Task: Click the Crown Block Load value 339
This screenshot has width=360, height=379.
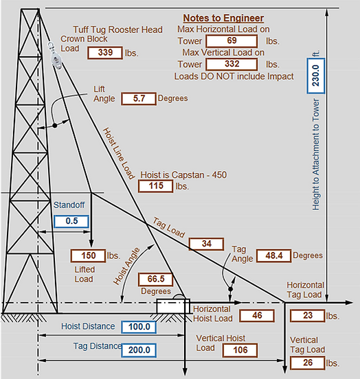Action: point(106,53)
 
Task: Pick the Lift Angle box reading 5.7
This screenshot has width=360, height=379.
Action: point(138,99)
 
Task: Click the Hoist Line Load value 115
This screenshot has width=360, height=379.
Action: point(155,186)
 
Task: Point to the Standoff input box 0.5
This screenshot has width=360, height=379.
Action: point(71,222)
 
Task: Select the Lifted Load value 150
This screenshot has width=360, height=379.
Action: point(88,256)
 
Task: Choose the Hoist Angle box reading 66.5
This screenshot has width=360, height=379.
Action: point(155,279)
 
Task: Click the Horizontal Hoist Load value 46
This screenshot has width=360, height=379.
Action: point(258,316)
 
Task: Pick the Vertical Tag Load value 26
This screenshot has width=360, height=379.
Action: point(308,363)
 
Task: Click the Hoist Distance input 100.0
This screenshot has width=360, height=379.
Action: point(139,327)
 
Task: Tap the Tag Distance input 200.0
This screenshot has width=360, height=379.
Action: point(139,349)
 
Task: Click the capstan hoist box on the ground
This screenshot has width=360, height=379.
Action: point(172,306)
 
